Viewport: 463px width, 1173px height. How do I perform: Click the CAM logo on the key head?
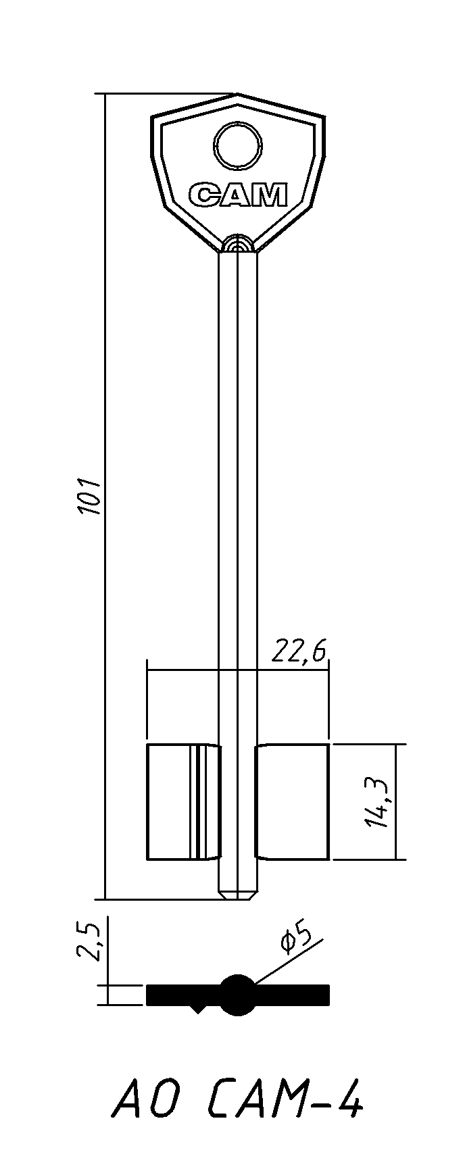pyautogui.click(x=238, y=195)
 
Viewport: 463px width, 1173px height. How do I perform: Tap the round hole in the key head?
pyautogui.click(x=239, y=145)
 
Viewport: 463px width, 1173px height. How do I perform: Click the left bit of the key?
pyautogui.click(x=183, y=801)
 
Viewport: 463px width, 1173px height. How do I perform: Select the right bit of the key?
pyautogui.click(x=292, y=801)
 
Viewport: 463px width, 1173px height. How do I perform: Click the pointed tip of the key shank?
pyautogui.click(x=238, y=898)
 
